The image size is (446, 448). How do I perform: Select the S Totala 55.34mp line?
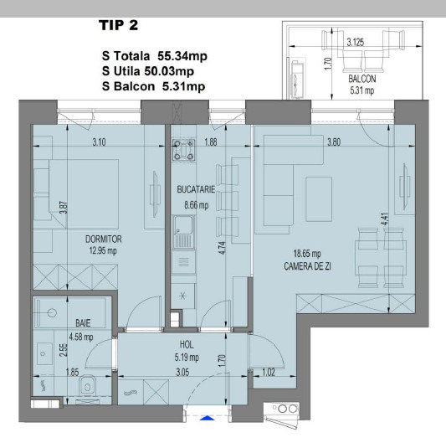[x=156, y=57]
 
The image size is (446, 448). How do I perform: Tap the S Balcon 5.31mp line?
[x=155, y=85]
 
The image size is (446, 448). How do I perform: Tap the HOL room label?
[x=187, y=344]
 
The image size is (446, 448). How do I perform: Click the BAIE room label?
[x=59, y=322]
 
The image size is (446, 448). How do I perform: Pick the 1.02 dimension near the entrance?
[x=269, y=372]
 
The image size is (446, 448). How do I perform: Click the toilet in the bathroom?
[x=89, y=386]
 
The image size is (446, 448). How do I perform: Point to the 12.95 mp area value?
[x=104, y=250]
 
